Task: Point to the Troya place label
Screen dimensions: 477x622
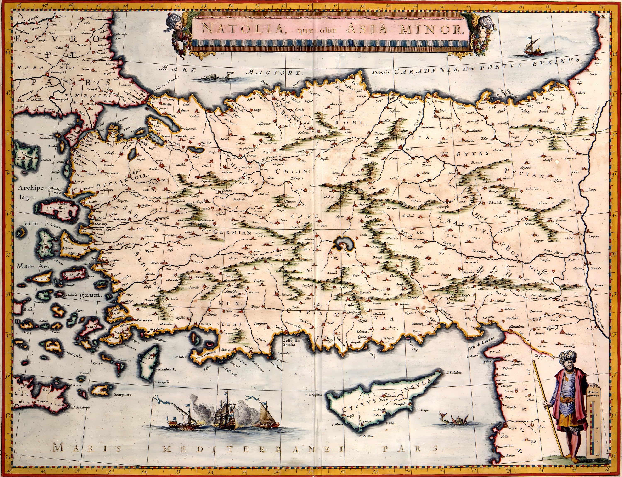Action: (x=91, y=174)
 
